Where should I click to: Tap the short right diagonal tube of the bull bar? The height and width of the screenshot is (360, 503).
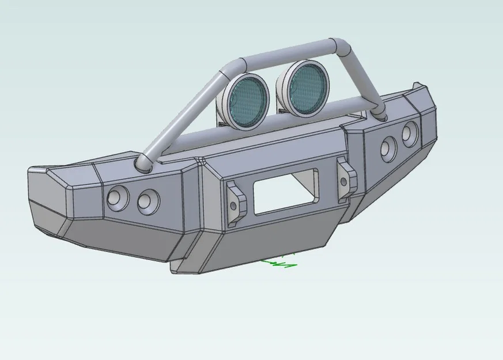coord(362,81)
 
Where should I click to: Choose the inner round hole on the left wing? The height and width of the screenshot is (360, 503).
coord(148,200)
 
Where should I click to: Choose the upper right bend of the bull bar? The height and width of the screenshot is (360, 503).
coord(340,46)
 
